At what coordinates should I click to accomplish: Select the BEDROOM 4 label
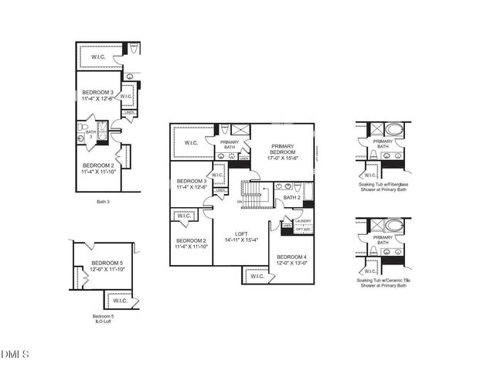[291, 257]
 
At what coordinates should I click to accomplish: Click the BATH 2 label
[291, 197]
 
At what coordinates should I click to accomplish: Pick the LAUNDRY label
[304, 222]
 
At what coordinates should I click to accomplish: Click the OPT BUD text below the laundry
[304, 229]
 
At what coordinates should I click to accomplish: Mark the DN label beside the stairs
[240, 203]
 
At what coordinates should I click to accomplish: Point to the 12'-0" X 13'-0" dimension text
[291, 264]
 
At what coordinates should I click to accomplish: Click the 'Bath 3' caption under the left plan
[104, 203]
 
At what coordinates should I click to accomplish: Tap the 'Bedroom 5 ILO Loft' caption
[103, 319]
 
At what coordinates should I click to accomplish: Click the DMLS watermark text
[15, 355]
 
